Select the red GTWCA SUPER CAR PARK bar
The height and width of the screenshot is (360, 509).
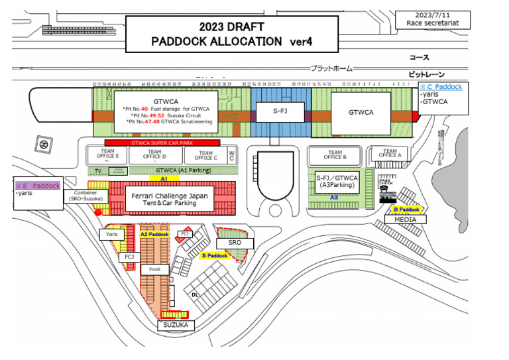[x=162, y=143]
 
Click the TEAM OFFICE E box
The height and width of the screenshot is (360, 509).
[x=108, y=155]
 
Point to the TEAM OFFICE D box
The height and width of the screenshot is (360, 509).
[x=156, y=155]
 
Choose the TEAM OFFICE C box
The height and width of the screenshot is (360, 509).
[x=205, y=155]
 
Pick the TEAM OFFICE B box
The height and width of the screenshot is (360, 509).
[x=333, y=155]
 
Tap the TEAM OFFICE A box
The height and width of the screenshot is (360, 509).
[x=390, y=155]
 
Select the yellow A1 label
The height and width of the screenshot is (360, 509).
[x=162, y=178]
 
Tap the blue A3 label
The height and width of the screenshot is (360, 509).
[x=334, y=197]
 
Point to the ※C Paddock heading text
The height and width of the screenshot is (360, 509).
[x=441, y=86]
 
